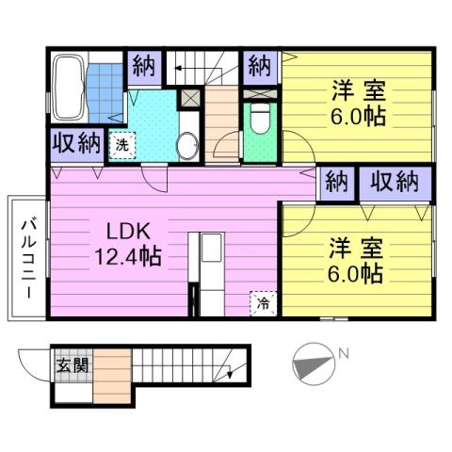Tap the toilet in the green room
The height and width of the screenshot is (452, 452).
click(x=258, y=120)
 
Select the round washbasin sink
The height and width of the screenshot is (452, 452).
click(x=187, y=146)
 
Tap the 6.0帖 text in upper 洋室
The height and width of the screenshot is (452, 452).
click(x=355, y=120)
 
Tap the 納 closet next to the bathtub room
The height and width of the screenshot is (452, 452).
click(x=143, y=67)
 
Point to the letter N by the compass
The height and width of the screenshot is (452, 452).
click(x=345, y=354)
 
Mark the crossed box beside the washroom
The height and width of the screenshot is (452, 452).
click(x=189, y=97)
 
